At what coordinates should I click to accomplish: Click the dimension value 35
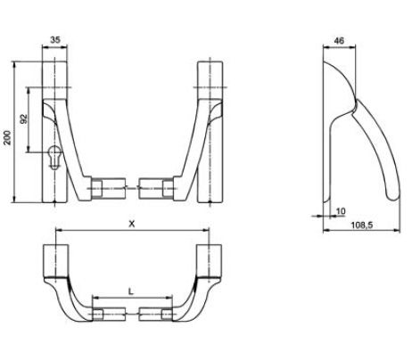click(x=55, y=41)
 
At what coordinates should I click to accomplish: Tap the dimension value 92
click(x=25, y=118)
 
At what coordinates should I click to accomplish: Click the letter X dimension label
click(x=131, y=225)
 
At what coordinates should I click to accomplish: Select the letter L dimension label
click(x=131, y=290)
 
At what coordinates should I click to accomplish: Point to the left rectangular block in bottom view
click(x=56, y=260)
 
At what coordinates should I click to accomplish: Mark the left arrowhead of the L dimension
click(x=94, y=299)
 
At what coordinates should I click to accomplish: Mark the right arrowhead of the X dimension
click(x=217, y=233)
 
